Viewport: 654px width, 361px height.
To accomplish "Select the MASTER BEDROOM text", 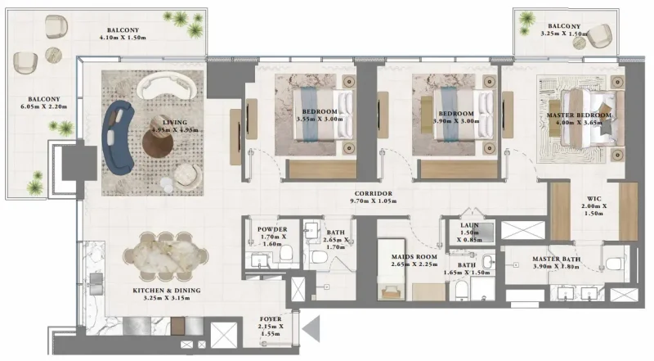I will pos(579,116).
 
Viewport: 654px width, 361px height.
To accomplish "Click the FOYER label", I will pos(270,320).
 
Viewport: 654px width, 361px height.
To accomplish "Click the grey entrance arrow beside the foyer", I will pos(311,330).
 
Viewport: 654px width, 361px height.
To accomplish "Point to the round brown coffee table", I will pos(159,141).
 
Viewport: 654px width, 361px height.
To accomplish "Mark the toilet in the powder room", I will pos(285,255).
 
